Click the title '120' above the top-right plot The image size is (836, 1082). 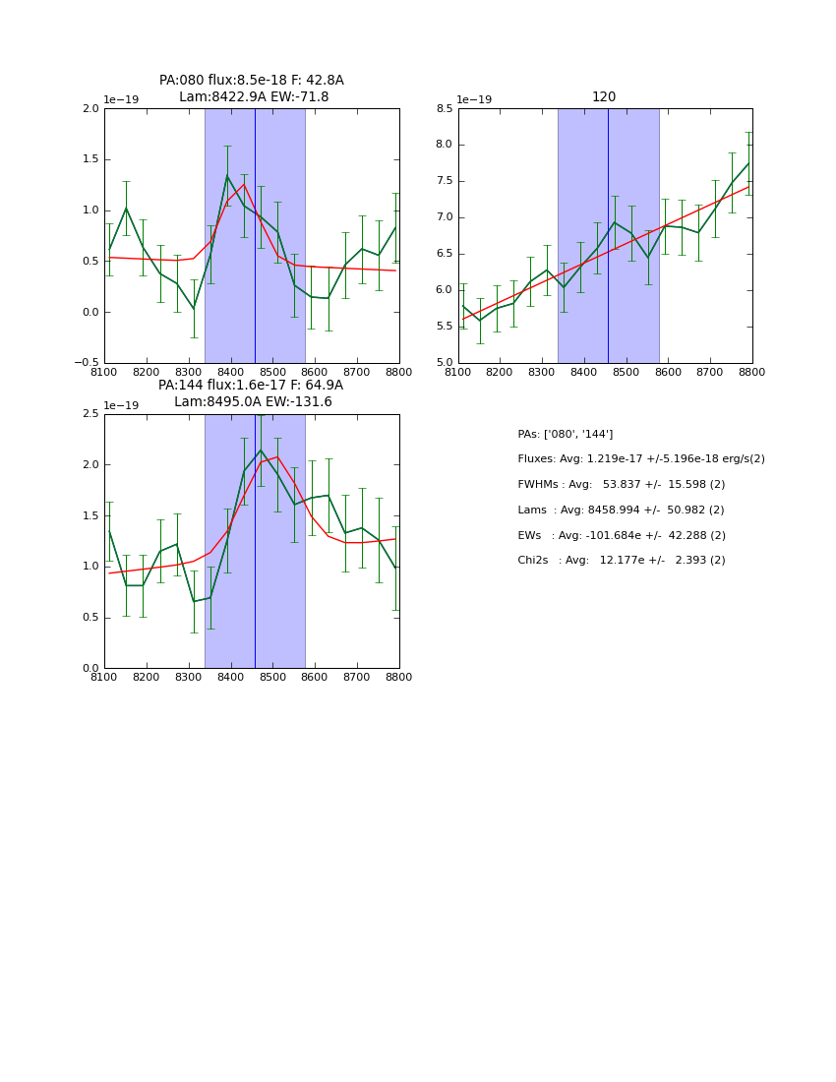pos(604,96)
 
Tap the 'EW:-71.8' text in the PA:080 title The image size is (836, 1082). pos(298,97)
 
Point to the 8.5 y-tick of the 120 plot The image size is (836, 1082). pos(445,109)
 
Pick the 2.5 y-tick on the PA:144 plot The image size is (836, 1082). pos(90,414)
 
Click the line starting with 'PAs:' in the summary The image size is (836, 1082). pos(566,434)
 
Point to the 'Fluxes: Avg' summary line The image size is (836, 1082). pos(640,459)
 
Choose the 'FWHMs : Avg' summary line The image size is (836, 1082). pos(621,485)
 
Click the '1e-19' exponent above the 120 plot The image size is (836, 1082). pos(475,99)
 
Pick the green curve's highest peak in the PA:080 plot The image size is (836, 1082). pos(227,176)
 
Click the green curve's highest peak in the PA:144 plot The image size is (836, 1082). pos(261,451)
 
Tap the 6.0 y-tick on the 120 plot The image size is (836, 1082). pos(445,290)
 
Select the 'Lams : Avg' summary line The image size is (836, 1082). pos(621,511)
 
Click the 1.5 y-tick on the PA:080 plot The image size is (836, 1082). pos(90,159)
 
